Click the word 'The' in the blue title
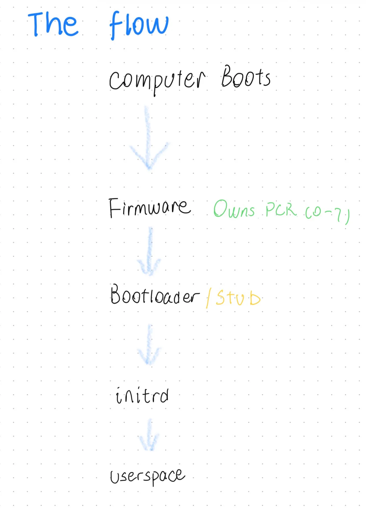tap(53, 24)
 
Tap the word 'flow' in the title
tap(139, 25)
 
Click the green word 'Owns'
tap(234, 209)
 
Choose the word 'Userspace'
tap(147, 476)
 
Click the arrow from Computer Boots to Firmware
tap(149, 138)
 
